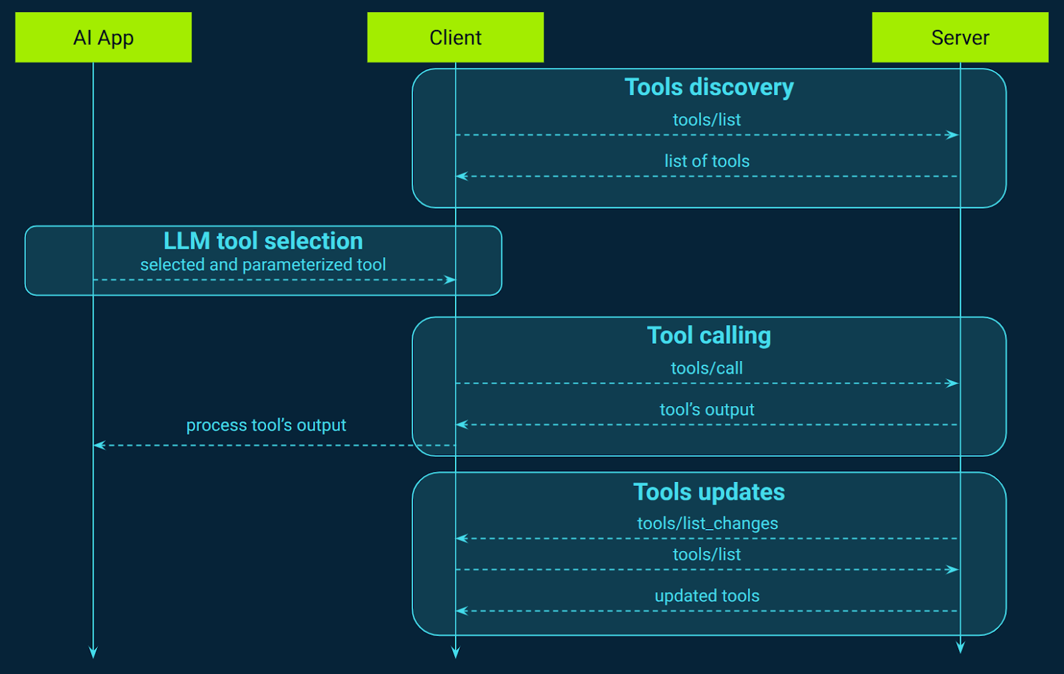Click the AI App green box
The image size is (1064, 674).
103,37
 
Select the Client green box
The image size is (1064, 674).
455,37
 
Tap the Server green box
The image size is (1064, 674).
960,37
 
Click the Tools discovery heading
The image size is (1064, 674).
709,87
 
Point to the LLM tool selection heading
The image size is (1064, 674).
263,241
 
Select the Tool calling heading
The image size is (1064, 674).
709,336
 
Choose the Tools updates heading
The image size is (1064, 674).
709,492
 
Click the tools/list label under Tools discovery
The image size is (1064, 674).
706,120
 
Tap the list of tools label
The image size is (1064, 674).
706,161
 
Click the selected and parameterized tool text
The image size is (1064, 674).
263,265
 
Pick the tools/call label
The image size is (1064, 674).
706,368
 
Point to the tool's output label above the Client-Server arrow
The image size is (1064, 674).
706,409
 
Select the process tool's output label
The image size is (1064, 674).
266,425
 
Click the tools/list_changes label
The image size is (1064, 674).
707,524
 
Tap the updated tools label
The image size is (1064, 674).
706,596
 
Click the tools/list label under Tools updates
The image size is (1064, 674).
706,554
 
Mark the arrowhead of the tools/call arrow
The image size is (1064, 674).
953,384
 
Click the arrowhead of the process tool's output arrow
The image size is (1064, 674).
99,445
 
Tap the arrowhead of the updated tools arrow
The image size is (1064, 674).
462,611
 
